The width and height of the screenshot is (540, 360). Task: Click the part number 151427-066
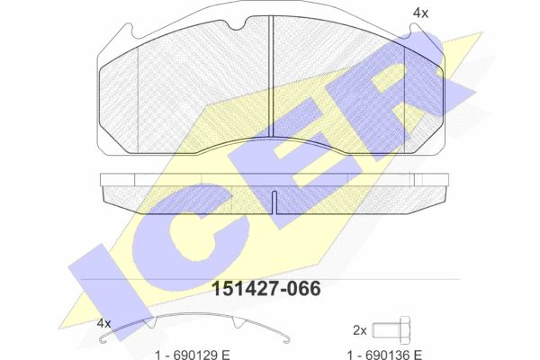(265, 289)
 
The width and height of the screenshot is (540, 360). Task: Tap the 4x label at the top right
(420, 13)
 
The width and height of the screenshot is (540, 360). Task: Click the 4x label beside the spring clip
(103, 323)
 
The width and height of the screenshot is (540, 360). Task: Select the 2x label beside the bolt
(360, 330)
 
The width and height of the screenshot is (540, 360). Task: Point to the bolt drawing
(391, 329)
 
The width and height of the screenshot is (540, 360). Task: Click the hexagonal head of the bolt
(405, 329)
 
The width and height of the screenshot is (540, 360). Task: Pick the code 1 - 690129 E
(193, 355)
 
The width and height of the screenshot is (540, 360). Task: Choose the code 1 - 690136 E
(384, 355)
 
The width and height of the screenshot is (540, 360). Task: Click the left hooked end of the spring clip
(103, 338)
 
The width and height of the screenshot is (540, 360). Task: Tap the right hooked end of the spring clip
(286, 339)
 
